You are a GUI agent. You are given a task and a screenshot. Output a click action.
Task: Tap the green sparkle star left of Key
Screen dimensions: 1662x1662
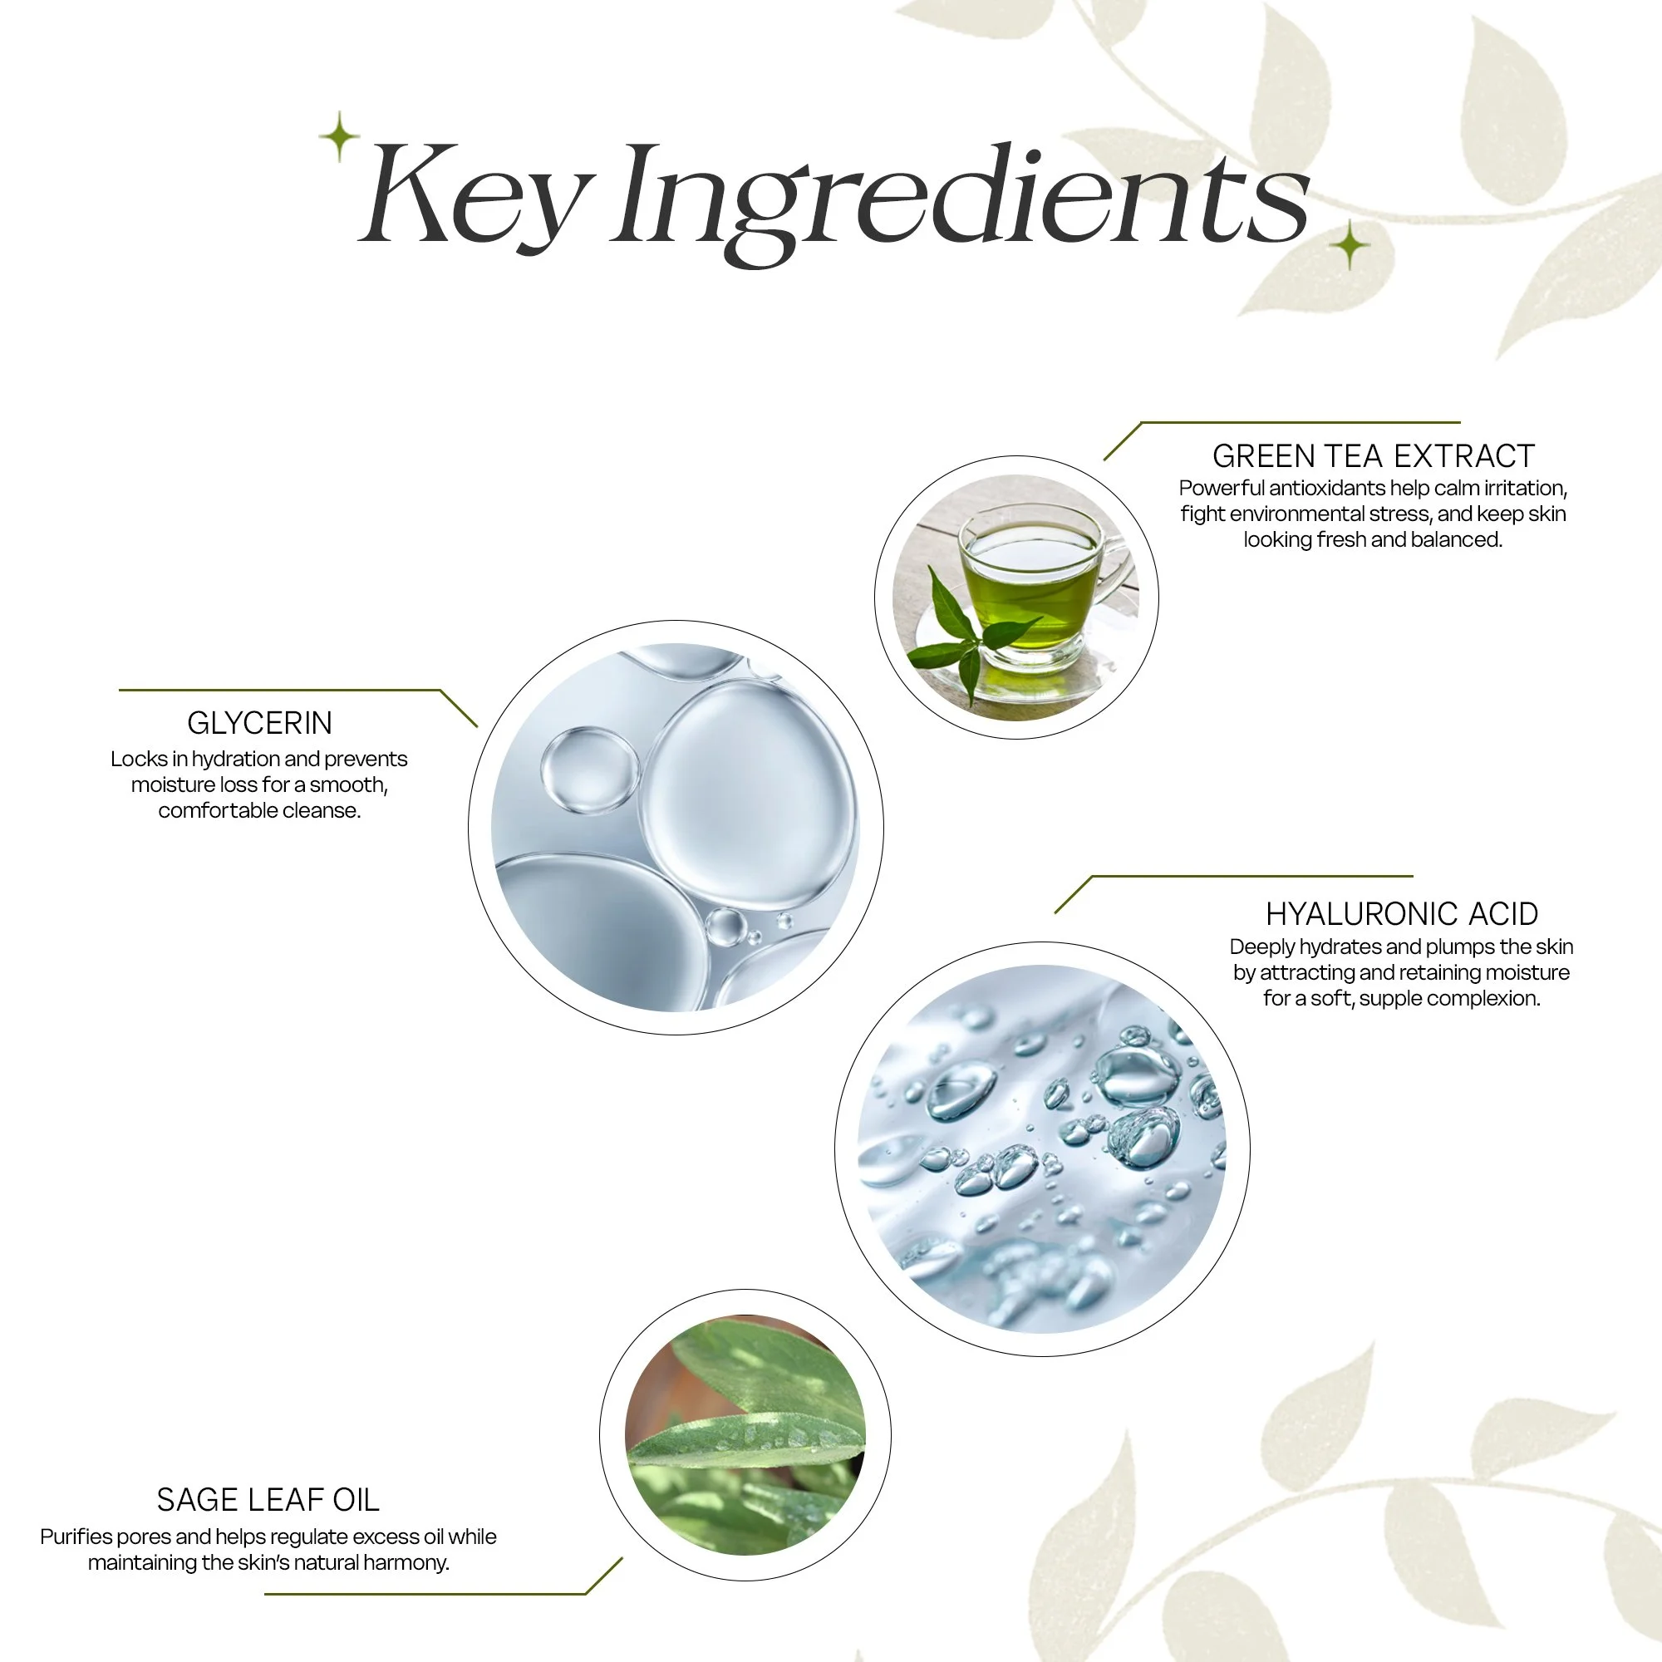click(339, 136)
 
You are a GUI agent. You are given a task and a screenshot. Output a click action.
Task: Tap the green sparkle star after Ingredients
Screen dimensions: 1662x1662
click(1350, 245)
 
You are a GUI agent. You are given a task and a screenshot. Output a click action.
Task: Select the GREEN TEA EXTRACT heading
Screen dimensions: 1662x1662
click(1373, 456)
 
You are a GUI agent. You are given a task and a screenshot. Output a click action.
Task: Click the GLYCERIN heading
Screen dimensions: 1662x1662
click(260, 724)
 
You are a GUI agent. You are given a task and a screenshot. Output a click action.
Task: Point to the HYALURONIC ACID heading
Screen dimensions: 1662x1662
click(1401, 913)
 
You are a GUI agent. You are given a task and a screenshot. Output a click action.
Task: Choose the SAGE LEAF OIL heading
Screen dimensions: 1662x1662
click(268, 1499)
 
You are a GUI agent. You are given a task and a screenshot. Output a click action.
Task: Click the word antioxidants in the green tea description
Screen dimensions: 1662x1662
click(1326, 489)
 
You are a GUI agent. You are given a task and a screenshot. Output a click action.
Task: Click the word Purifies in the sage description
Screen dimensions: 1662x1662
click(76, 1537)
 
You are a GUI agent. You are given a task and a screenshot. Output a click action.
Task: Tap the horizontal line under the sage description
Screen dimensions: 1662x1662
click(425, 1594)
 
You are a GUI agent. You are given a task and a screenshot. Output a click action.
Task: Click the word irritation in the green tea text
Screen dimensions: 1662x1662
click(1524, 489)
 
